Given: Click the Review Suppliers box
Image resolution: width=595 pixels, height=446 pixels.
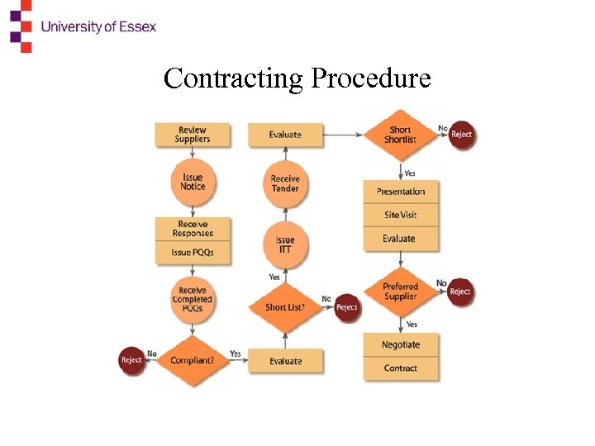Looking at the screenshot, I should [193, 135].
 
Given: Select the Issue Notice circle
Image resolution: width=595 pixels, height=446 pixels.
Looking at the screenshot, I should [193, 182].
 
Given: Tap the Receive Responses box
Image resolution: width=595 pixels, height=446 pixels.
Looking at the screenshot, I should [193, 229].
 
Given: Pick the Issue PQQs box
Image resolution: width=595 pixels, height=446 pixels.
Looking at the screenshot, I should [193, 253].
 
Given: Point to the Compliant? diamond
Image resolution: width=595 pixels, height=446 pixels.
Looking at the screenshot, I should [193, 360].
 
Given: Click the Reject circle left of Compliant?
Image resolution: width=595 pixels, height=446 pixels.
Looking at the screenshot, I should [132, 360].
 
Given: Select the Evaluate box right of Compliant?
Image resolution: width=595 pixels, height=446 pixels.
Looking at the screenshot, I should [286, 361].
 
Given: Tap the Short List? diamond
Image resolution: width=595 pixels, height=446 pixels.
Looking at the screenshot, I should [286, 307].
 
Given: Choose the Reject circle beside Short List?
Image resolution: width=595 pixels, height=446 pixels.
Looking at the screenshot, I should [347, 307].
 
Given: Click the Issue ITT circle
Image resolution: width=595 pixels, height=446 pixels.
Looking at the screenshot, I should [285, 244].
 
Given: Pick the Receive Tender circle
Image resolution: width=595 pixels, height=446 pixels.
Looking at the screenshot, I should [285, 183].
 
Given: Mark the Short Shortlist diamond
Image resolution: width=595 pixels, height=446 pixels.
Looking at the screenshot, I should [400, 135].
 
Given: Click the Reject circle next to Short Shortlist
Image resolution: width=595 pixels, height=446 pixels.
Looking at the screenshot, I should [462, 135].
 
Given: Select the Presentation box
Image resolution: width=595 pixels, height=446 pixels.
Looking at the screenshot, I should [401, 192].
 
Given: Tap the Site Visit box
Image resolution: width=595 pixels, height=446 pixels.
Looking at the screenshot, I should [401, 215].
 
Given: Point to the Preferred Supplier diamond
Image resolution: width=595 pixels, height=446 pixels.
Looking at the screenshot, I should [401, 291].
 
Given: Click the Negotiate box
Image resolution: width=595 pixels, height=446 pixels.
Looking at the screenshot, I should [401, 344].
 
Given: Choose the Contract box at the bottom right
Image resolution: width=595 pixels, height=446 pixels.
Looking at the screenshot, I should [401, 368].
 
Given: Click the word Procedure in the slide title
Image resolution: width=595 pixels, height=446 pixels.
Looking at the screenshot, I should [371, 78].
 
